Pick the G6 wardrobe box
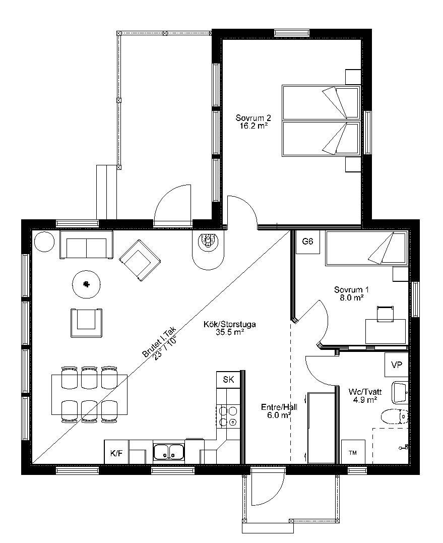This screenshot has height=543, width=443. tap(307, 242)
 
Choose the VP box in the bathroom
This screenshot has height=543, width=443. tap(397, 365)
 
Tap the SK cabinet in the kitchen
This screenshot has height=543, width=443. tap(228, 380)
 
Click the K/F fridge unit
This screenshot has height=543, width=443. tap(116, 452)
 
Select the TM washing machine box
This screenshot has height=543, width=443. tap(353, 452)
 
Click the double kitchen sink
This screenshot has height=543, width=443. tap(169, 452)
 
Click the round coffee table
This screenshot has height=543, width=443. tap(86, 284)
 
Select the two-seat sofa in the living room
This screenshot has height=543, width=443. tap(86, 245)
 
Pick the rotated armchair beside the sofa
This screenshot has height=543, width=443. tap(140, 260)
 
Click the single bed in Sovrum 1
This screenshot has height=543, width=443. tap(366, 249)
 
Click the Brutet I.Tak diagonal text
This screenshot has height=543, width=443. tap(159, 342)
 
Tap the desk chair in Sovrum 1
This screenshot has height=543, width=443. tap(385, 314)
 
